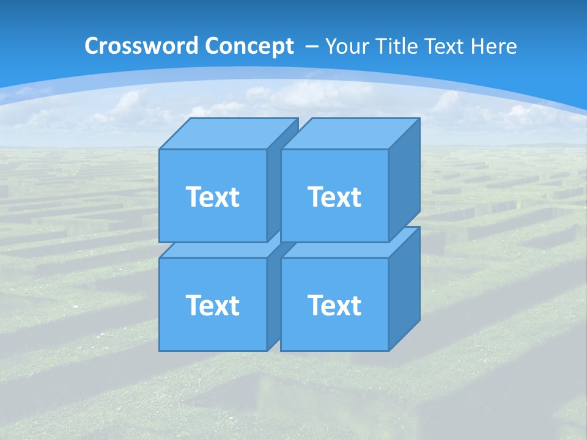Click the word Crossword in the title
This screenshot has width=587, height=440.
point(142,46)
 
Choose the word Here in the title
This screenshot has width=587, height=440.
point(494,46)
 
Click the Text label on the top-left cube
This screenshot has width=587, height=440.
point(212,197)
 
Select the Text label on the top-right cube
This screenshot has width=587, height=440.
point(334,197)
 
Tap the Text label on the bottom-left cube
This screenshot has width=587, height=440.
point(212,305)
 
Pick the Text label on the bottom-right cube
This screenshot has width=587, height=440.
point(334,305)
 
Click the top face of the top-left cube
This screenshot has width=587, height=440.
point(227,133)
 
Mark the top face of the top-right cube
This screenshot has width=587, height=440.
point(350,133)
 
